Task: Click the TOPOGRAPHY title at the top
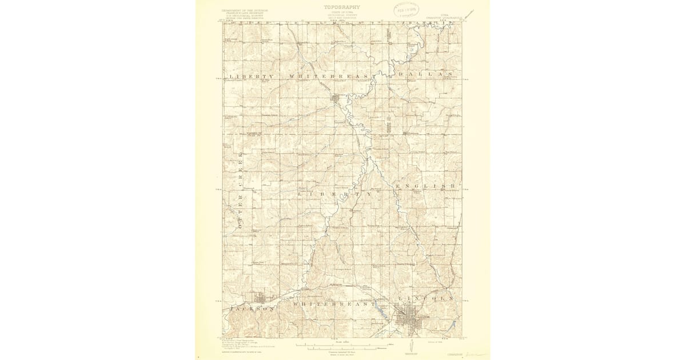pos(342,7)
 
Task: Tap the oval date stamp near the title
pos(405,10)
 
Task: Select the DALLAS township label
pos(421,75)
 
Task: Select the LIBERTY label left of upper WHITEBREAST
pos(252,76)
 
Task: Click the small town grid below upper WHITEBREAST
pos(336,101)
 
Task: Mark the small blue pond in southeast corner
pos(452,326)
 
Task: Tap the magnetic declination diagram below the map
pos(410,346)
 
